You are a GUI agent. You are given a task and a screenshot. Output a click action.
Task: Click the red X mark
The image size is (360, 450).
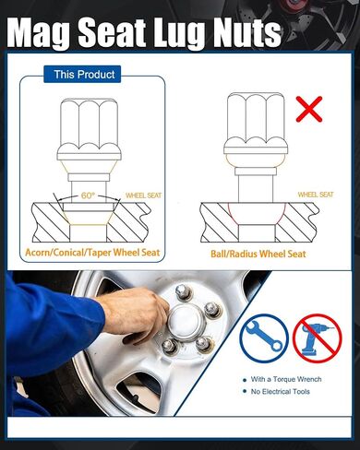coord(309,109)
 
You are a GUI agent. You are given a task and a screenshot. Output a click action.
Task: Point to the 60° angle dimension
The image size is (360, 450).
coord(88,195)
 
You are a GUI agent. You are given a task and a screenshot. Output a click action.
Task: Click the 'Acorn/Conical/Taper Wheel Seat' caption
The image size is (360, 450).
coord(92,253)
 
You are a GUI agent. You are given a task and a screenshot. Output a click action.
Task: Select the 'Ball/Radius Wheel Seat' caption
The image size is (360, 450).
coord(258,254)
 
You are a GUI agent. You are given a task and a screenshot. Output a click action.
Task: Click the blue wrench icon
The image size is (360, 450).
coord(264,337)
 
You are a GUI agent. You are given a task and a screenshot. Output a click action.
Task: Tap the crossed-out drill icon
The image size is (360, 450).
coord(317,338)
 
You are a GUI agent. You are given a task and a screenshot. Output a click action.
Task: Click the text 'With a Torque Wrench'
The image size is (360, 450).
coord(286,379)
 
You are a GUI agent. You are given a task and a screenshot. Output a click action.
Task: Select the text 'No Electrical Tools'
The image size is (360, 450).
coord(281,392)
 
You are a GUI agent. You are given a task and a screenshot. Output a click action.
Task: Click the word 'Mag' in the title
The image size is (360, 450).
coord(40,32)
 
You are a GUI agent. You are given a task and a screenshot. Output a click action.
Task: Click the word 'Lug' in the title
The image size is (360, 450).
coord(179,32)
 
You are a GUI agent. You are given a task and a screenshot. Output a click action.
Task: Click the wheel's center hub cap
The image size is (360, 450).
coord(185,321)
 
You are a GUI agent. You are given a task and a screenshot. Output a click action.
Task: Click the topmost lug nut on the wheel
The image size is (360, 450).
coord(183,292)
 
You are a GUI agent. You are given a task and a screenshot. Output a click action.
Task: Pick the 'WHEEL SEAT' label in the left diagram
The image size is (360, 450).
coord(143,195)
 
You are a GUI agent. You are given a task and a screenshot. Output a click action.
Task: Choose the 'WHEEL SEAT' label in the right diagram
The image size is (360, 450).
coord(316,195)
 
